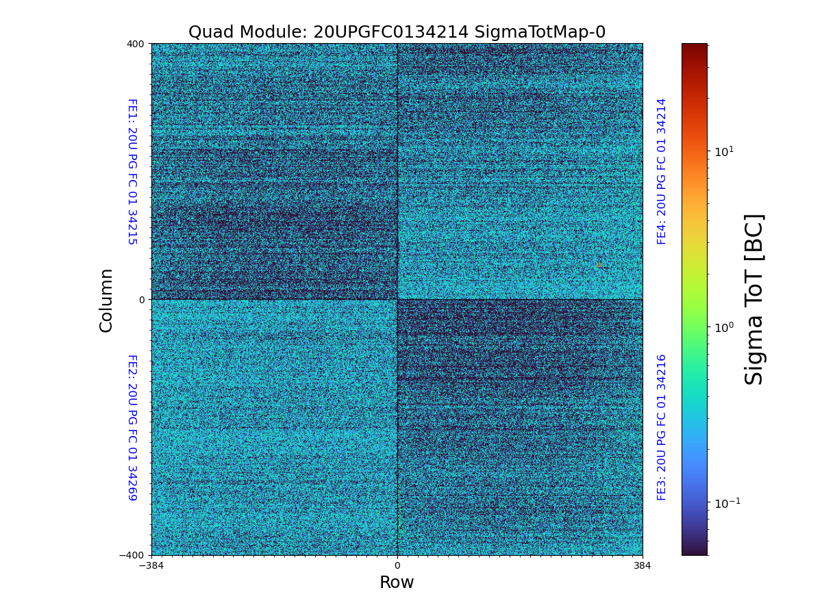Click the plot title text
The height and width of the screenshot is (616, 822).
(x=397, y=32)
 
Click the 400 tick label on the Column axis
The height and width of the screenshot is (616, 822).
(x=136, y=44)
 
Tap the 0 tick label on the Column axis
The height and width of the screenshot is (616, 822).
(x=142, y=300)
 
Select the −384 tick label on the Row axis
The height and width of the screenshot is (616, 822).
(x=151, y=566)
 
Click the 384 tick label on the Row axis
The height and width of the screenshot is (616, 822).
(x=643, y=566)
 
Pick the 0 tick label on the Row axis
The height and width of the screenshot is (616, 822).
(x=397, y=566)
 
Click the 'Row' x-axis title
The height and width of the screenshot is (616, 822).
(x=397, y=582)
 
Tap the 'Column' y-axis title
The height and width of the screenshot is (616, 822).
(x=106, y=300)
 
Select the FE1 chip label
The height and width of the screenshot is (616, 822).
(x=132, y=171)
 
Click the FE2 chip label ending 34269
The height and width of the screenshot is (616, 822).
(x=132, y=427)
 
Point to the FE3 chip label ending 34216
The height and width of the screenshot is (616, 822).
(x=662, y=427)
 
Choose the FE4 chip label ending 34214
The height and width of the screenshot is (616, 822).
(x=662, y=171)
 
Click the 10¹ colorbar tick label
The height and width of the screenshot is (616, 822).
(x=724, y=151)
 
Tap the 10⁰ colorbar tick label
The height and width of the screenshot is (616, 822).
(x=724, y=327)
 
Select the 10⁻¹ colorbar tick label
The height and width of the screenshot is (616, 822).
(x=727, y=503)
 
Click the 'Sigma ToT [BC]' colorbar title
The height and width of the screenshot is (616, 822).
(x=754, y=299)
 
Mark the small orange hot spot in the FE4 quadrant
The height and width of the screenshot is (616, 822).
(x=599, y=265)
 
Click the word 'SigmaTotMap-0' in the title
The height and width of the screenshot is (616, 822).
(x=538, y=32)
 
